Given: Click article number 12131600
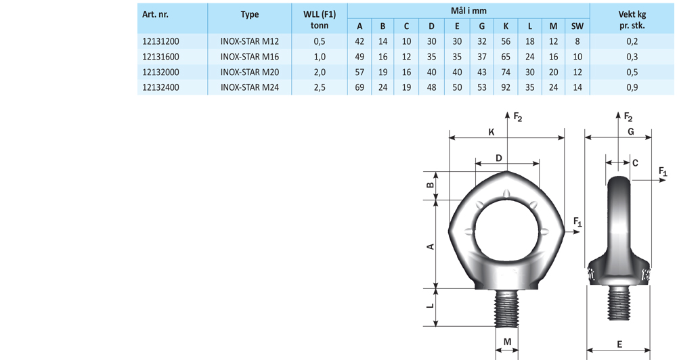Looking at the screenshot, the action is pos(160,57).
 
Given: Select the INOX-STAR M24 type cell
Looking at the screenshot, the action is pos(250,87).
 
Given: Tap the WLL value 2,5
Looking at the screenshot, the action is pos(320,87).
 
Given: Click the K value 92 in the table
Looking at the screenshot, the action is pos(506,87).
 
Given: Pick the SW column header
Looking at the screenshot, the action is pos(577,26).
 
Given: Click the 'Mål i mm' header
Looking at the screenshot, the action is pos(468,11).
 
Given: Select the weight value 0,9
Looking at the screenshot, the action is pos(632,87).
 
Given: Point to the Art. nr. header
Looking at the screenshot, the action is pos(156,14).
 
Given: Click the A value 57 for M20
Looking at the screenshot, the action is pos(359,72).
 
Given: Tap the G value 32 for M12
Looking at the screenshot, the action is pos(482,41).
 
